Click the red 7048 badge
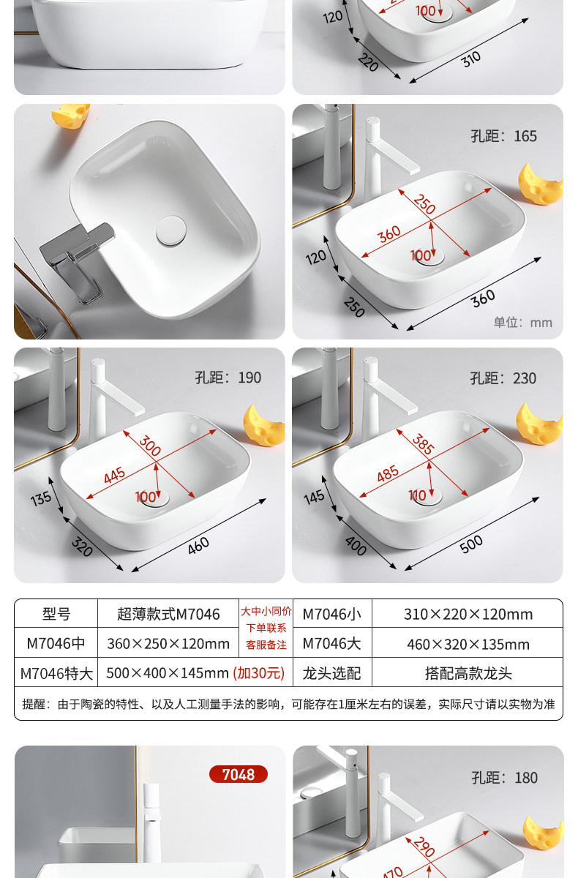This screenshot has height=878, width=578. tap(239, 774)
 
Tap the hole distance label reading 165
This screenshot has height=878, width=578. tap(503, 136)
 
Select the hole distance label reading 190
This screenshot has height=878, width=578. tap(228, 378)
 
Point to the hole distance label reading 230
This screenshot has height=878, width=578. tap(503, 378)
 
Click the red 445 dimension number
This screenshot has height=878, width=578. tap(114, 476)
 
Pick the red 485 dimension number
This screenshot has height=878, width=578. tap(388, 473)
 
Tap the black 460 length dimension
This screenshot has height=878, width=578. tap(198, 546)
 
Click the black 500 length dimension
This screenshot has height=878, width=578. tap(471, 544)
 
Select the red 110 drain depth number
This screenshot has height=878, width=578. tap(417, 495)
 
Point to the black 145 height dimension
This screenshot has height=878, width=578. tap(314, 497)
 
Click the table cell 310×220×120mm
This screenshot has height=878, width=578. tap(468, 614)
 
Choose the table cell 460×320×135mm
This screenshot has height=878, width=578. tap(468, 644)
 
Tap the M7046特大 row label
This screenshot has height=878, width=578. tap(56, 673)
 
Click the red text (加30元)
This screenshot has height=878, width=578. tap(258, 673)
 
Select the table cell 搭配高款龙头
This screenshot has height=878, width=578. tap(468, 673)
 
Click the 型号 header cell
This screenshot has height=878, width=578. tap(56, 614)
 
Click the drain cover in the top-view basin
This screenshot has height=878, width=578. tap(171, 231)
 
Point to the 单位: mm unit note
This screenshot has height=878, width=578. tap(522, 322)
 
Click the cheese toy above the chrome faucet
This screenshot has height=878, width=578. tap(70, 116)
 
